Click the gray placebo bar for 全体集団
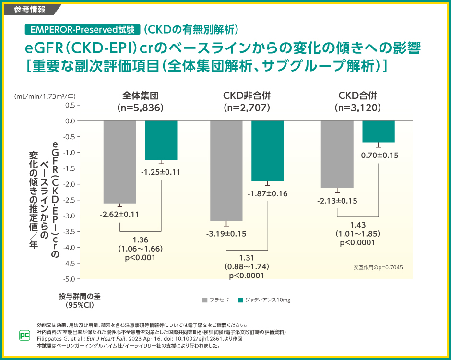click(120, 162)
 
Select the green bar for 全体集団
click(161, 140)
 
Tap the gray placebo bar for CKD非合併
click(226, 170)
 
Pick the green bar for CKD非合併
click(267, 151)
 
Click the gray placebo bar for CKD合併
click(337, 154)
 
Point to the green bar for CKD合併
click(379, 132)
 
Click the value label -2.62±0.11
click(119, 215)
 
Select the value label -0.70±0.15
click(379, 155)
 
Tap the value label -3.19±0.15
click(226, 234)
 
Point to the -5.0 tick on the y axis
click(69, 279)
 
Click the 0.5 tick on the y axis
click(70, 105)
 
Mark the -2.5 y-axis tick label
click(69, 200)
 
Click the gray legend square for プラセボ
click(205, 300)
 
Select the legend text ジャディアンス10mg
click(267, 300)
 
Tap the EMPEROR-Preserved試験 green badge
click(82, 29)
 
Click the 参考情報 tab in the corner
click(30, 9)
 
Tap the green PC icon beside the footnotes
click(23, 336)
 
